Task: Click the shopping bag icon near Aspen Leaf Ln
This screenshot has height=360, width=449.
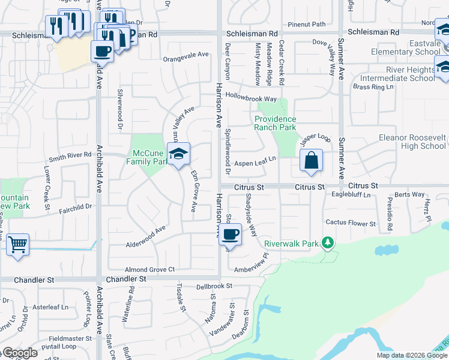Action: (x=311, y=161)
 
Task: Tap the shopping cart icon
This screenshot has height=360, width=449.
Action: (x=17, y=244)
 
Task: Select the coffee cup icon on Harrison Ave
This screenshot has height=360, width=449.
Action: (x=230, y=234)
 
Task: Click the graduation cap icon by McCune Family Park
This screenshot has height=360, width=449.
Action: (x=178, y=154)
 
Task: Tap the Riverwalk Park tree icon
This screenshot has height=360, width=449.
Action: (x=328, y=243)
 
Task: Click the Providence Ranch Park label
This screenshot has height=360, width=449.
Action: (x=275, y=123)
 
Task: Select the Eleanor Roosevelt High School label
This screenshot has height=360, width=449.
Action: (x=412, y=142)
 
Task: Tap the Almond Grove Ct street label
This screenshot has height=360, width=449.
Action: (x=149, y=270)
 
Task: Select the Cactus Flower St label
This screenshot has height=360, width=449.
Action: (x=351, y=223)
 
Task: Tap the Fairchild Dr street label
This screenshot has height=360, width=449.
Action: (x=75, y=208)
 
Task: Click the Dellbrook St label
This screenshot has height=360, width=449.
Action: (x=214, y=286)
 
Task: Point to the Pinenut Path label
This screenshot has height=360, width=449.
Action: (x=306, y=25)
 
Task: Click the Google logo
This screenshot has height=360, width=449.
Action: (x=20, y=353)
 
